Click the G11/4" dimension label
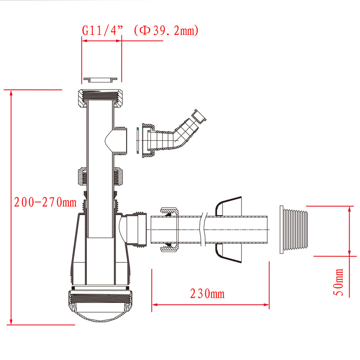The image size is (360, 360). [103, 30]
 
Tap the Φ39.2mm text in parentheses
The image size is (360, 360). [166, 30]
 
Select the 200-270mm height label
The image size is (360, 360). [45, 202]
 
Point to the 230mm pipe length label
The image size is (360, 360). [207, 294]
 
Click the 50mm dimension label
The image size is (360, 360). [338, 282]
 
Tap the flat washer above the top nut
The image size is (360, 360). [100, 80]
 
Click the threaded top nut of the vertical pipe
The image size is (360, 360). [100, 98]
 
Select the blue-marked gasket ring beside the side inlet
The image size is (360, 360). [137, 140]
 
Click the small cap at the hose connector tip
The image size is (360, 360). [199, 117]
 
